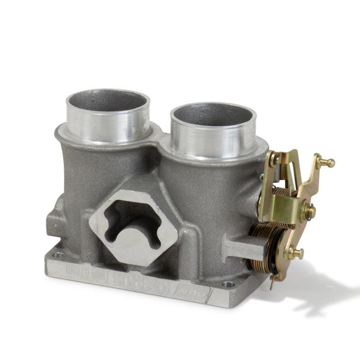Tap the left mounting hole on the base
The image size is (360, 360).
pos(58,255)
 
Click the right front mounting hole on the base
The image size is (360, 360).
pos(229,284)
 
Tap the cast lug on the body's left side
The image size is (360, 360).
pos(53,223)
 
